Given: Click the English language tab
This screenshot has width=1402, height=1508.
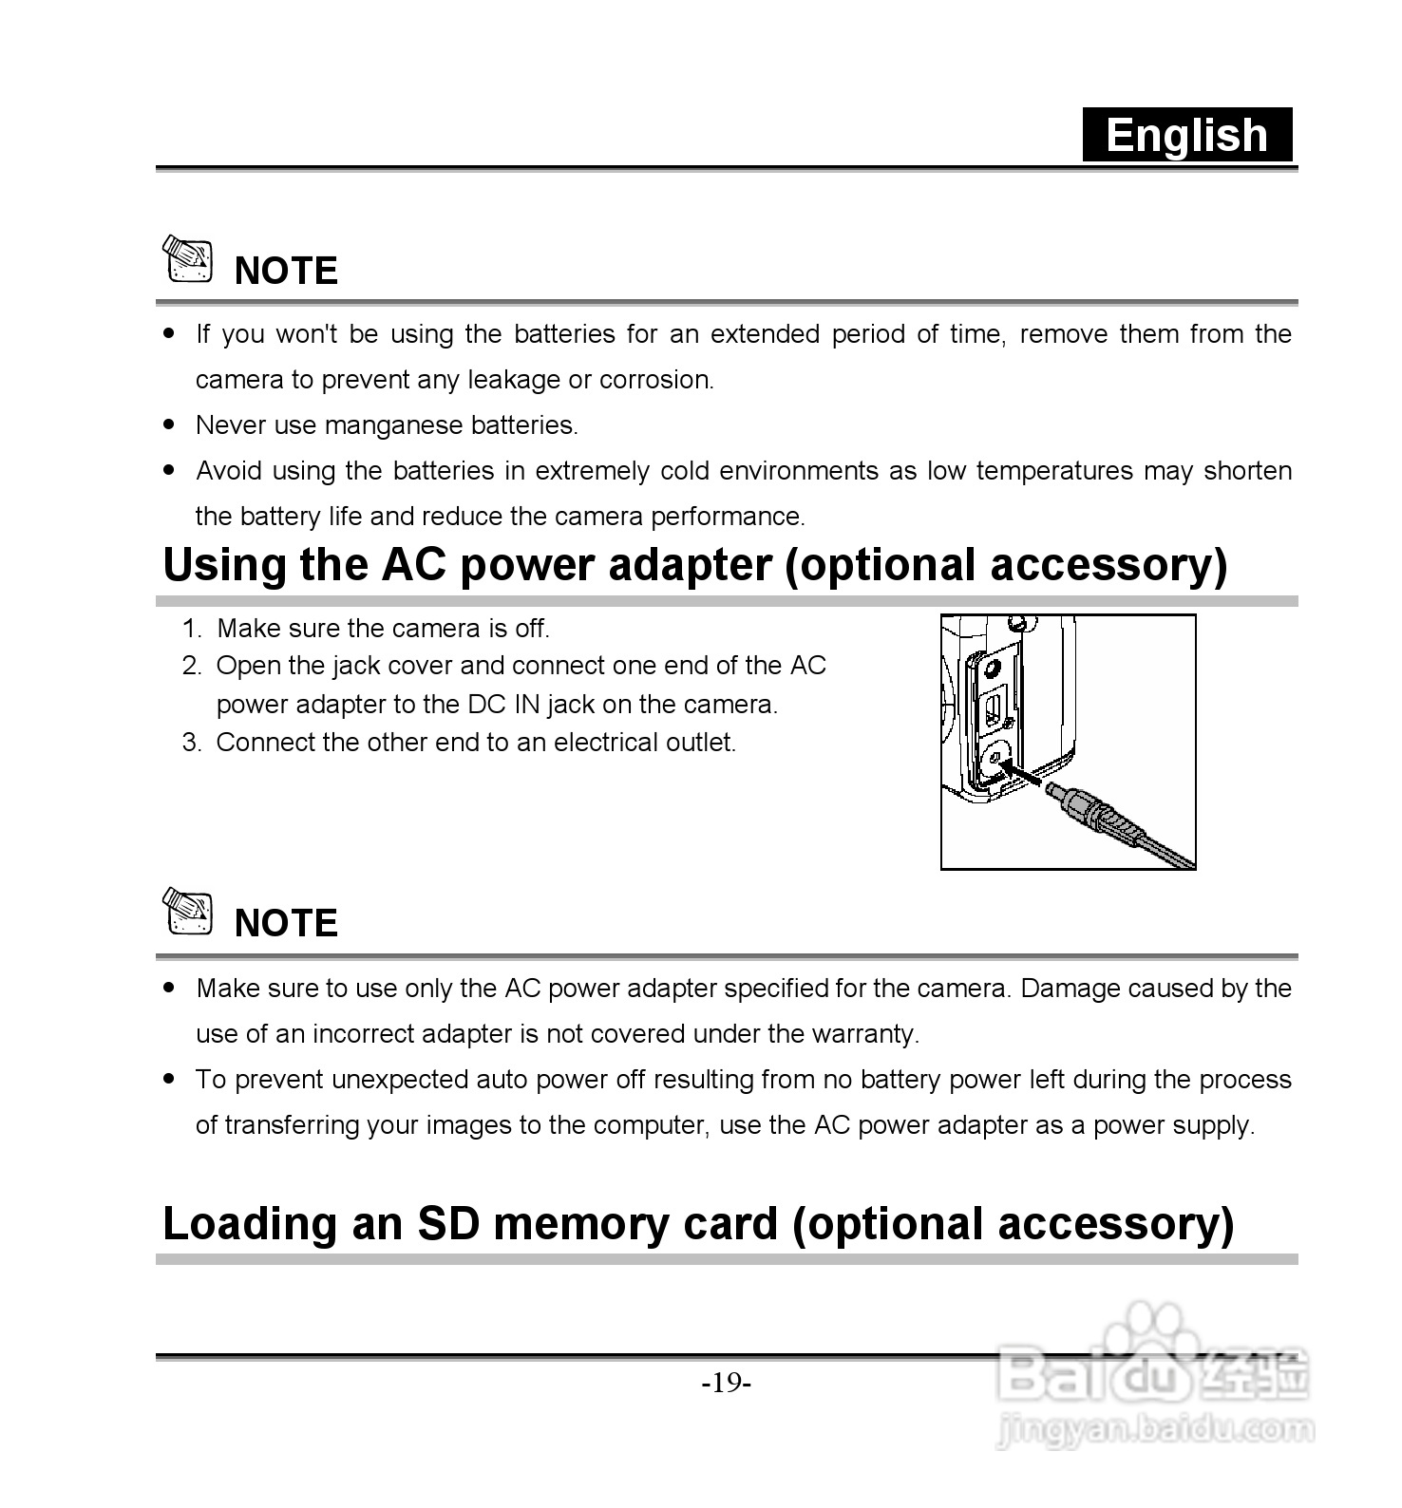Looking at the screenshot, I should click(x=1187, y=135).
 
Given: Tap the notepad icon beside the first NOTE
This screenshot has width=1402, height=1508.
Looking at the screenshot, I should click(x=187, y=258).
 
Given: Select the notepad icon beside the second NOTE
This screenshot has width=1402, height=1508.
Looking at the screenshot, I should click(x=187, y=911).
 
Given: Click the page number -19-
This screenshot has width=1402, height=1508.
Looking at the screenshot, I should click(x=727, y=1383).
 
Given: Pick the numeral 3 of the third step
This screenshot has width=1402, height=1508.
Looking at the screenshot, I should click(x=191, y=743).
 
